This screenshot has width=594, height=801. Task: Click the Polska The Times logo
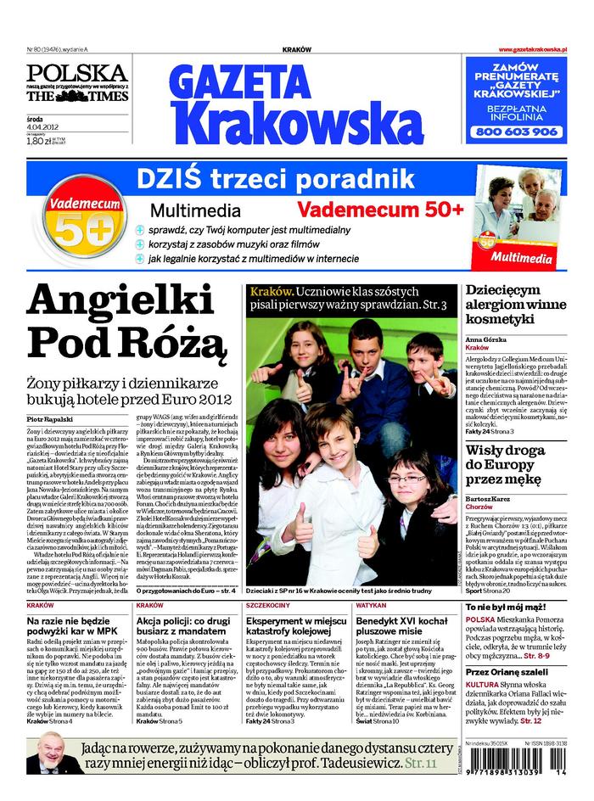(77, 83)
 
